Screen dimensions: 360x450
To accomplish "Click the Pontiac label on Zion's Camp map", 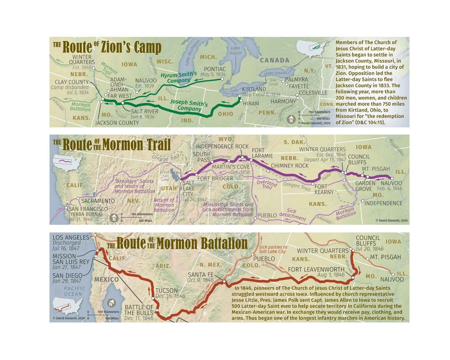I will (x=215, y=69).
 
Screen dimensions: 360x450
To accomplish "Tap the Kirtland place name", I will (x=254, y=89).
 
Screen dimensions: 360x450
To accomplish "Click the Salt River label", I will (x=145, y=112).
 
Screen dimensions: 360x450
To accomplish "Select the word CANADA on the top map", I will (x=275, y=60).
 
